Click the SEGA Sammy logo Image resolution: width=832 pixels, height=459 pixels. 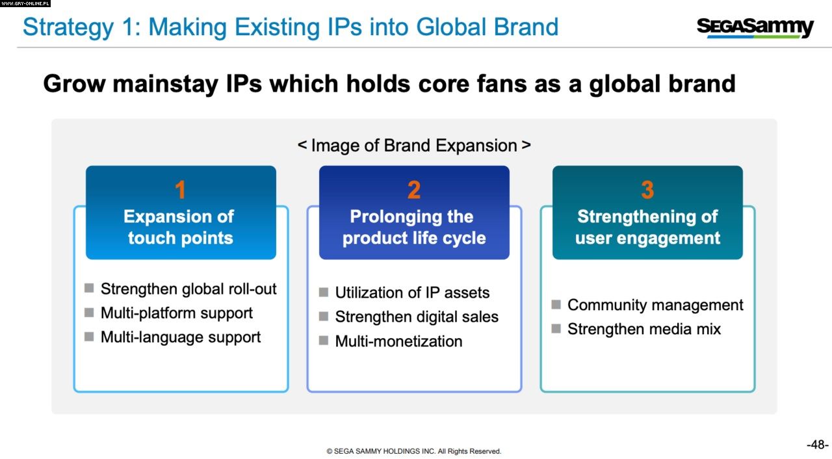pyautogui.click(x=755, y=27)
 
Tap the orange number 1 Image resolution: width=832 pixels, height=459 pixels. pyautogui.click(x=180, y=190)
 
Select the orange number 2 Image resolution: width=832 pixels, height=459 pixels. pyautogui.click(x=414, y=190)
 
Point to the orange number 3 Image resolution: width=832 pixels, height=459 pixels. pyautogui.click(x=647, y=190)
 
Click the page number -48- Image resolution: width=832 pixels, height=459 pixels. pyautogui.click(x=818, y=445)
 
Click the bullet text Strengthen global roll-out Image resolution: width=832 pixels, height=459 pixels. pyautogui.click(x=188, y=289)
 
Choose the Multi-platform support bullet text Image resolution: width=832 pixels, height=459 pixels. pyautogui.click(x=176, y=313)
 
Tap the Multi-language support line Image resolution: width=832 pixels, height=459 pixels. pyautogui.click(x=181, y=337)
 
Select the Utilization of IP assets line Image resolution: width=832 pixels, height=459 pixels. pyautogui.click(x=412, y=293)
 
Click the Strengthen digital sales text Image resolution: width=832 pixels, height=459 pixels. pyautogui.click(x=417, y=317)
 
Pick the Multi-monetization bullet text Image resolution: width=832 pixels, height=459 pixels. pyautogui.click(x=398, y=341)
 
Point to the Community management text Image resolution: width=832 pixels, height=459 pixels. pyautogui.click(x=655, y=305)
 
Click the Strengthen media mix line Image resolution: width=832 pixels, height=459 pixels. pyautogui.click(x=644, y=329)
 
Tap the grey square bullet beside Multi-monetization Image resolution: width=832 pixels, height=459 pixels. pyautogui.click(x=324, y=341)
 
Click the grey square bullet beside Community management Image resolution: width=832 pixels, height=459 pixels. pyautogui.click(x=556, y=304)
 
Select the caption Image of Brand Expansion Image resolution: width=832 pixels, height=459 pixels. pyautogui.click(x=414, y=145)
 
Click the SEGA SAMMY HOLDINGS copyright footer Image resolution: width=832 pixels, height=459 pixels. pyautogui.click(x=414, y=451)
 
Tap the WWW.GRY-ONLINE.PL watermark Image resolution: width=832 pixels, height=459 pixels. pyautogui.click(x=25, y=3)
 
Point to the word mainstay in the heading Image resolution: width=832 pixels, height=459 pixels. pyautogui.click(x=166, y=84)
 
